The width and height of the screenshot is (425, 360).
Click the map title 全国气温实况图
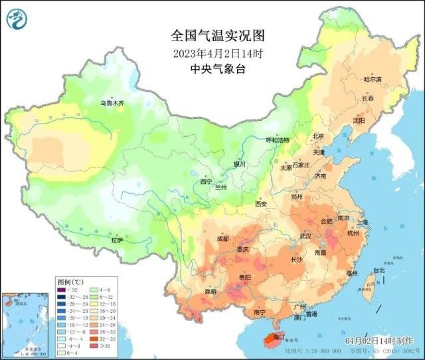tap(208, 36)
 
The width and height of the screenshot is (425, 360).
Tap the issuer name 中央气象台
tap(208, 68)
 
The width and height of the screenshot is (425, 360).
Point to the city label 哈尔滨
tap(373, 79)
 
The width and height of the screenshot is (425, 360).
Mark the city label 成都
tap(222, 238)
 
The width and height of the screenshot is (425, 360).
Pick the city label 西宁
tap(206, 181)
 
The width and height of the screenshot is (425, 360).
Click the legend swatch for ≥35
tap(88, 346)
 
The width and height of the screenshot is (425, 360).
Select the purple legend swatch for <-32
tap(60, 289)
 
